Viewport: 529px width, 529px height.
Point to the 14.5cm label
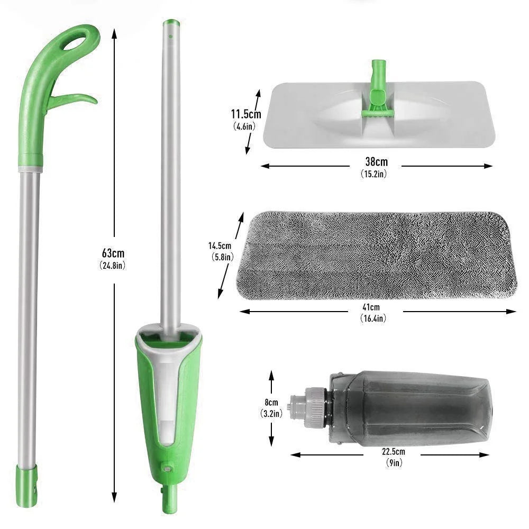pyautogui.click(x=220, y=245)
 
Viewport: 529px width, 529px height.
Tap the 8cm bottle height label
pyautogui.click(x=271, y=403)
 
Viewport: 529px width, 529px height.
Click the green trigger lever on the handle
pyautogui.click(x=77, y=100)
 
